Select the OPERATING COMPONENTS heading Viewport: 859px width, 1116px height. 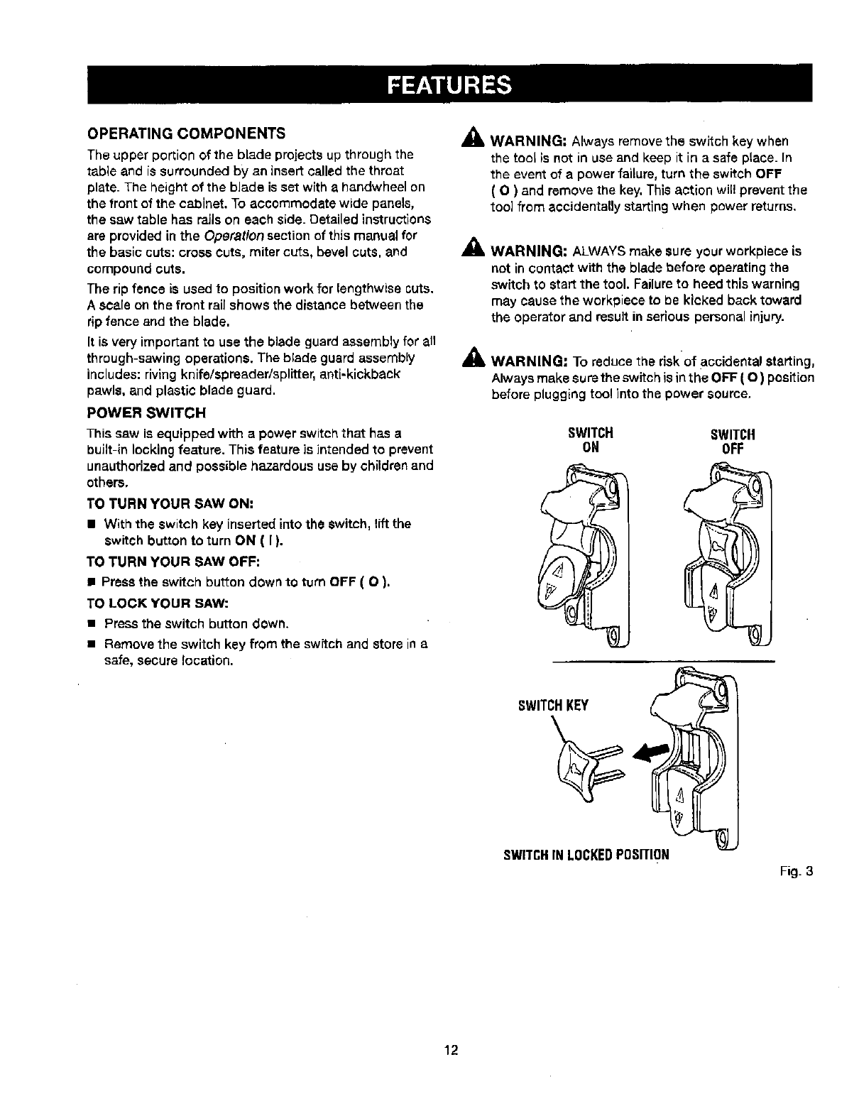(186, 133)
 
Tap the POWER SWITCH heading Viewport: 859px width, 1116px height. (146, 412)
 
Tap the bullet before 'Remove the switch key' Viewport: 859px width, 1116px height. (92, 645)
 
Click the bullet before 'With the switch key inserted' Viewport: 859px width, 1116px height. (92, 525)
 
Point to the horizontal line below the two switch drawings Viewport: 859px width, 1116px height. (663, 661)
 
